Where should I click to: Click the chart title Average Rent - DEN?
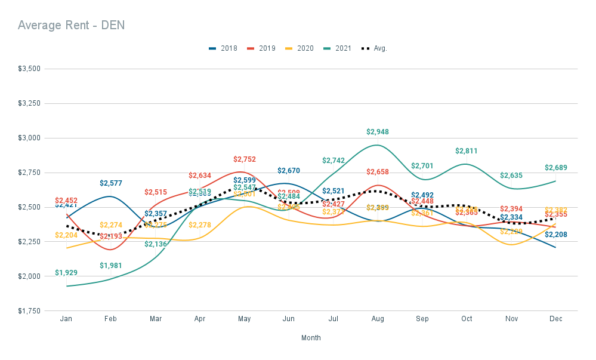pos(71,25)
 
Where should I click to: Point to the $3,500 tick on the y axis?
pos(29,69)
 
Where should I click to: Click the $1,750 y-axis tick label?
pos(29,311)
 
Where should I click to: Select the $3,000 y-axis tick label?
pos(29,138)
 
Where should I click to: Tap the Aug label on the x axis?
pos(377,319)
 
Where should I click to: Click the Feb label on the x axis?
pos(110,319)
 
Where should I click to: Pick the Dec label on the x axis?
pos(555,319)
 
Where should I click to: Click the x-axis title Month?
pos(311,338)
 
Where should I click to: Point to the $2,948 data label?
pos(377,132)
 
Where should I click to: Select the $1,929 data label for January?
pos(66,273)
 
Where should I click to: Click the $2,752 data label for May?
pos(244,159)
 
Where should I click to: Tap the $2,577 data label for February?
pos(110,183)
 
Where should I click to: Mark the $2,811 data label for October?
pos(466,151)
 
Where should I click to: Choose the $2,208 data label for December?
pos(555,235)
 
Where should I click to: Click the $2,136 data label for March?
pos(155,244)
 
